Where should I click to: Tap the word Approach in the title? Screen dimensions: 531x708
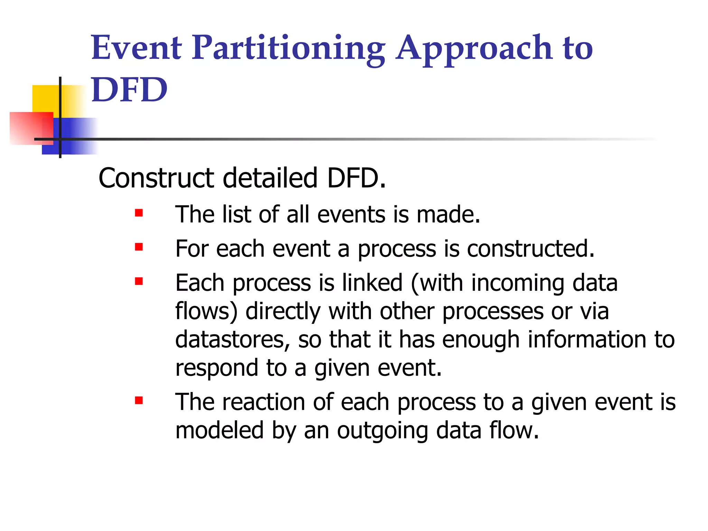click(x=474, y=48)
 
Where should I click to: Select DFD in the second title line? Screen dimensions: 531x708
click(x=129, y=90)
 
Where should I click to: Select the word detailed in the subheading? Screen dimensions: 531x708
click(x=270, y=178)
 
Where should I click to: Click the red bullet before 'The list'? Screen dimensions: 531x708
click(x=139, y=213)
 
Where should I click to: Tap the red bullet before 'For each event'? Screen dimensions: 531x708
click(x=139, y=247)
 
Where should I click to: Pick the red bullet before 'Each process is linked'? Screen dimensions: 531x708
click(x=139, y=281)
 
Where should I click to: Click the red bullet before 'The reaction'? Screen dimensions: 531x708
click(x=139, y=400)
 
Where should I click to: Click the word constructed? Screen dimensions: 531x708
click(x=530, y=249)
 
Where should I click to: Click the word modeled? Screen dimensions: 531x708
click(x=219, y=430)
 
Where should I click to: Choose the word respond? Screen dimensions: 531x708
click(x=216, y=368)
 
